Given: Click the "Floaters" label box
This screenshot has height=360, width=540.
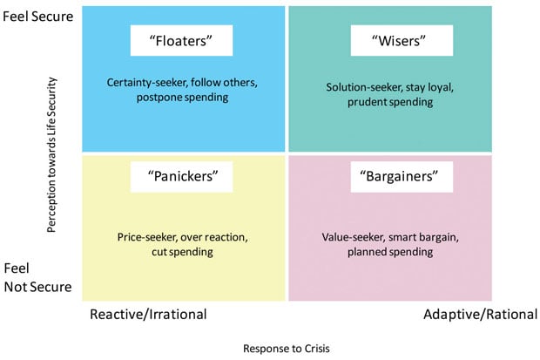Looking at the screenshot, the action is click(x=181, y=40).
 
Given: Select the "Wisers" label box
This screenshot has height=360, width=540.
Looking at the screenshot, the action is click(x=402, y=40).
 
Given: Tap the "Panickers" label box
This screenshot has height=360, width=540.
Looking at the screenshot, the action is click(x=181, y=177).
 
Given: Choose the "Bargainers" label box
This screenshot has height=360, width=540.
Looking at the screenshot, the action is click(x=402, y=177).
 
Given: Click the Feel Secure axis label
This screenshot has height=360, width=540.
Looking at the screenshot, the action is click(x=37, y=17).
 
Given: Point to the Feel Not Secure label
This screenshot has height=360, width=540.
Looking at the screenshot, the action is click(x=37, y=277).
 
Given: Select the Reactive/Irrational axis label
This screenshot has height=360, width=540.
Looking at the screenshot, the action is click(x=148, y=315).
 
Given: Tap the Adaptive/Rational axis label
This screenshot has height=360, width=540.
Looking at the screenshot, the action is click(x=481, y=315).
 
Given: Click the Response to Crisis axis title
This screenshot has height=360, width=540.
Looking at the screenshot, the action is click(x=287, y=349).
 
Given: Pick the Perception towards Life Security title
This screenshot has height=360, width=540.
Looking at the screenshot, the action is click(x=51, y=155).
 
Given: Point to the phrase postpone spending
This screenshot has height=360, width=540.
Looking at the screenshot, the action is click(x=182, y=98).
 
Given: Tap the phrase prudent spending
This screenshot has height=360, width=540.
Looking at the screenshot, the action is click(x=390, y=102).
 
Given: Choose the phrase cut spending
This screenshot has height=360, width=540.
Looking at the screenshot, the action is click(x=182, y=252).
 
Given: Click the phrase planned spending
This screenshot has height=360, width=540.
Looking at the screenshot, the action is click(x=390, y=252).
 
